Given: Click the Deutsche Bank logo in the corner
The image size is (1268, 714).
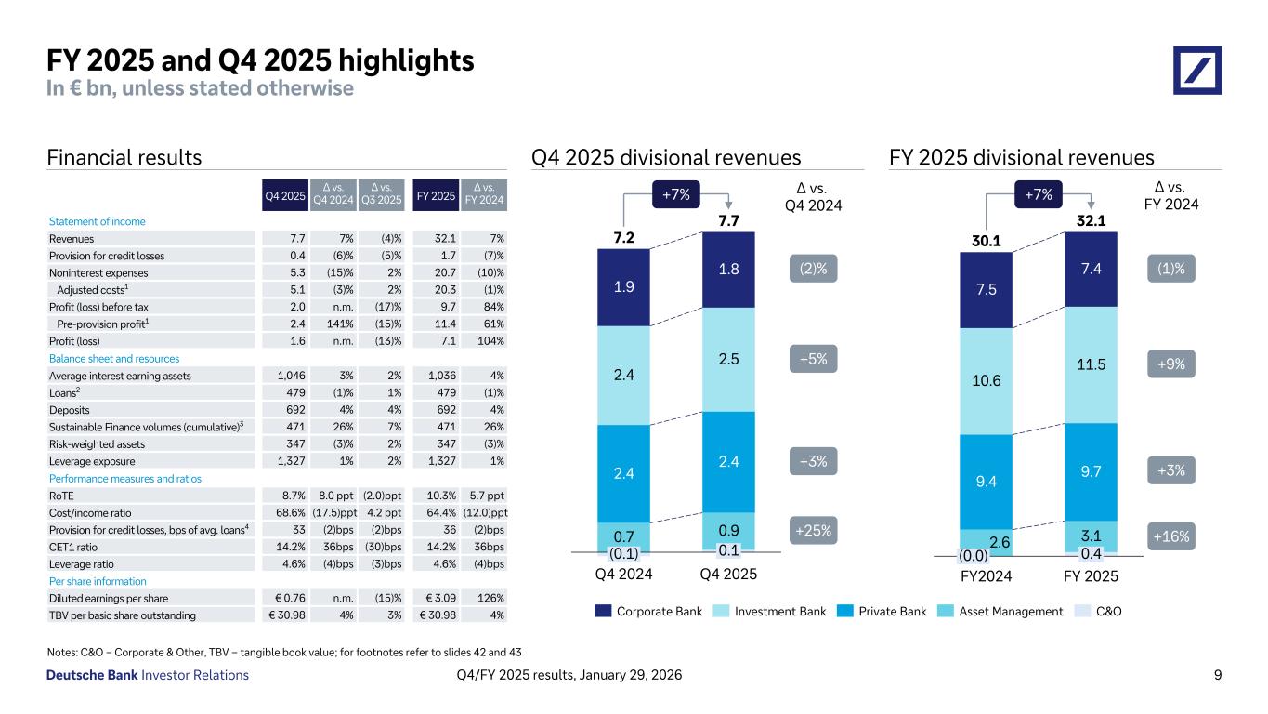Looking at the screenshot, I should click(1197, 70).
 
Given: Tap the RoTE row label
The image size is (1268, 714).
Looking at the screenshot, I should click(61, 495).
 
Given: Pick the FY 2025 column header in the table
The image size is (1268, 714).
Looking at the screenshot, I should click(436, 196).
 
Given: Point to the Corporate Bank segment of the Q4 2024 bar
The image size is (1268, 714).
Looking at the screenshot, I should click(623, 286).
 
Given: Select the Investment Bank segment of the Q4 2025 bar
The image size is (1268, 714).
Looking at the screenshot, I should click(728, 359).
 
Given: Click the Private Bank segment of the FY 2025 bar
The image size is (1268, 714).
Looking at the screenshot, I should click(1091, 471).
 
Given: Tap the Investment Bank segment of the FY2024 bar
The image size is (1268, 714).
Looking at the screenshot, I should click(986, 381).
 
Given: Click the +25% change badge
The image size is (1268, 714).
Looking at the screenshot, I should click(814, 531).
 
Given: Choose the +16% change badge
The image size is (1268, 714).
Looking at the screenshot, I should click(1171, 536).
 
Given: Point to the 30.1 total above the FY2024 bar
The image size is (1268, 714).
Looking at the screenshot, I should click(986, 242).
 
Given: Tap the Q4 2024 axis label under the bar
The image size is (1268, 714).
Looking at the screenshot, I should click(623, 574).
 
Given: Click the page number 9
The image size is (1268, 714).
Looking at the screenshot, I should click(1217, 675).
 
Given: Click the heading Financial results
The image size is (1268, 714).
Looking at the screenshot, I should click(124, 158).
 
